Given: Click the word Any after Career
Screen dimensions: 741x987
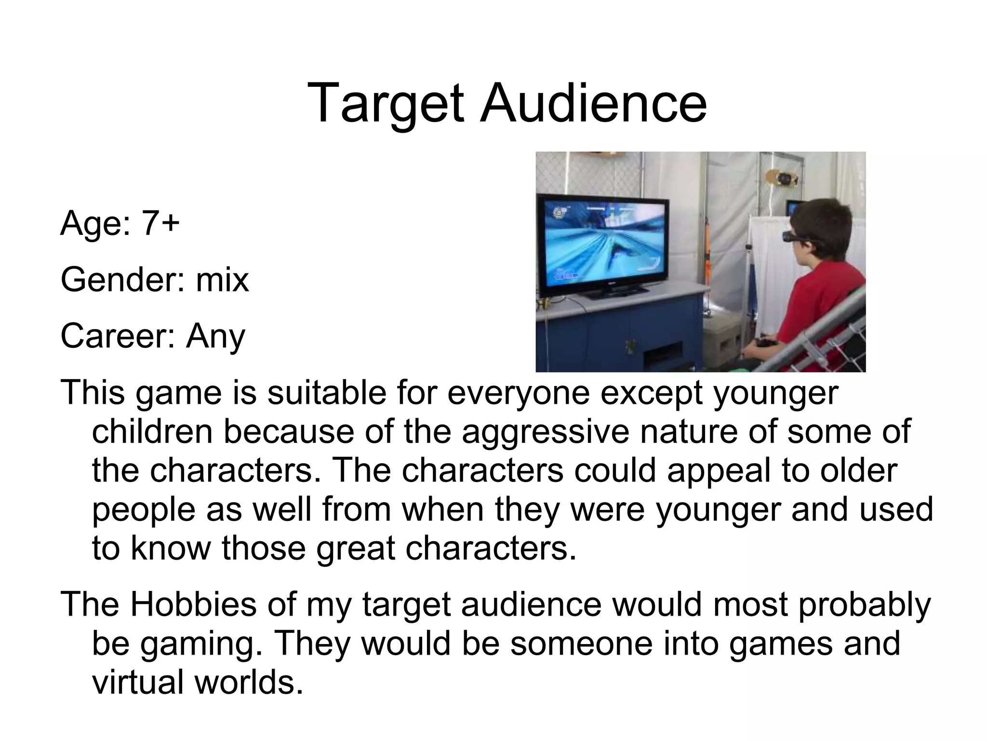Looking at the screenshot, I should (215, 337).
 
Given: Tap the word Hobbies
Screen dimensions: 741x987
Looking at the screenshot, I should (193, 604).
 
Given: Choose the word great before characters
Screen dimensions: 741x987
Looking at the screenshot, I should (356, 548).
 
